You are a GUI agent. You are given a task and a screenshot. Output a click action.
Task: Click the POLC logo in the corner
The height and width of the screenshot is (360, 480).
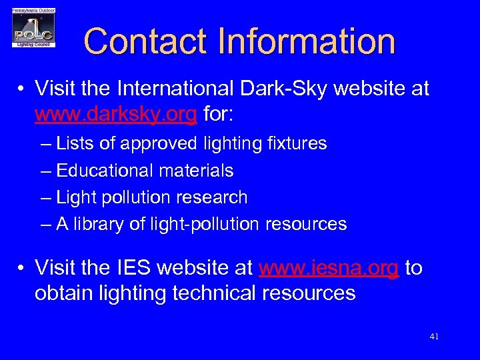coord(33,28)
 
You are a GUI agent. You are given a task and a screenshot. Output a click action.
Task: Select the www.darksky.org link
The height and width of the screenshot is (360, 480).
coord(115,115)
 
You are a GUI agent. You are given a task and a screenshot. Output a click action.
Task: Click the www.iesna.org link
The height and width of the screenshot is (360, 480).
coord(329,268)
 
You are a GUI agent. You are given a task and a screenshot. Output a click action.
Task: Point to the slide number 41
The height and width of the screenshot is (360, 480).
coord(434,337)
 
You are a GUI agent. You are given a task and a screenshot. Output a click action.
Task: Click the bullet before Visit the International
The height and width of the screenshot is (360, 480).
coord(22,89)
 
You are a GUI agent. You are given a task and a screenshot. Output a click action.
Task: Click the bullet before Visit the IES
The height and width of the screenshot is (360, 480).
coord(22,269)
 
